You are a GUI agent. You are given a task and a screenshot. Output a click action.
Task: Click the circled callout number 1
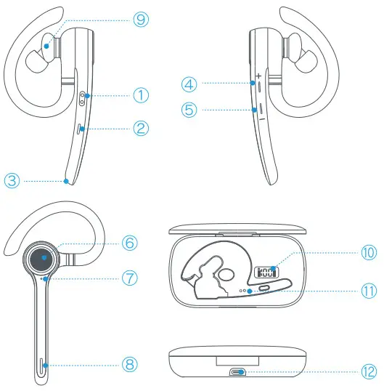pyautogui.click(x=140, y=94)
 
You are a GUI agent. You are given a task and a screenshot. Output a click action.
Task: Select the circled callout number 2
pyautogui.click(x=140, y=128)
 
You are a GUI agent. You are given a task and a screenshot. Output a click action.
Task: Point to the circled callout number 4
pyautogui.click(x=189, y=84)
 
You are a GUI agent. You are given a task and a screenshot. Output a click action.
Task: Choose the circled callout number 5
pyautogui.click(x=189, y=110)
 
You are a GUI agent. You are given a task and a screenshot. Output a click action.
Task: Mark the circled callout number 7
pyautogui.click(x=129, y=278)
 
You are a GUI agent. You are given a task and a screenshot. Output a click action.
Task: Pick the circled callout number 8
pyautogui.click(x=129, y=362)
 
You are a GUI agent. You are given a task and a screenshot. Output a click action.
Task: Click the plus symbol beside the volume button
pyautogui.click(x=258, y=76)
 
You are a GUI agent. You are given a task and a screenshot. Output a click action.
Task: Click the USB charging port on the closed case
pyautogui.click(x=237, y=372)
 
